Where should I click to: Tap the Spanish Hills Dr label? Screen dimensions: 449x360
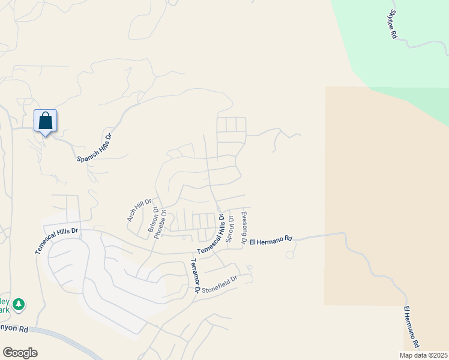tap(95, 148)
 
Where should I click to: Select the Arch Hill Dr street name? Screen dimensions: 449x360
tap(139, 211)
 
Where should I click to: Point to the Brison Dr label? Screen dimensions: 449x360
tap(153, 220)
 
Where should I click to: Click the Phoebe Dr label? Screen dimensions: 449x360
tap(160, 224)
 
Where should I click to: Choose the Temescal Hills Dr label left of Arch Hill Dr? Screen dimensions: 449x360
tap(57, 240)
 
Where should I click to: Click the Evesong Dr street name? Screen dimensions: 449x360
tap(244, 227)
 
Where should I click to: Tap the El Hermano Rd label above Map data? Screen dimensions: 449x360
tap(411, 328)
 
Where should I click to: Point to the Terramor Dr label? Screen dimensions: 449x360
tap(195, 276)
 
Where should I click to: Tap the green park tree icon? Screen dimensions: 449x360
tap(19, 304)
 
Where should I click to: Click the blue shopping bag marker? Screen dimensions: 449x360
tap(46, 121)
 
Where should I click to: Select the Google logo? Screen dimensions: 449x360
tap(20, 353)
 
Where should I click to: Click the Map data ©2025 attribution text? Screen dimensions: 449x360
tap(423, 355)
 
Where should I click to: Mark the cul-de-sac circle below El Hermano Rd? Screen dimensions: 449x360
tap(290, 255)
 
